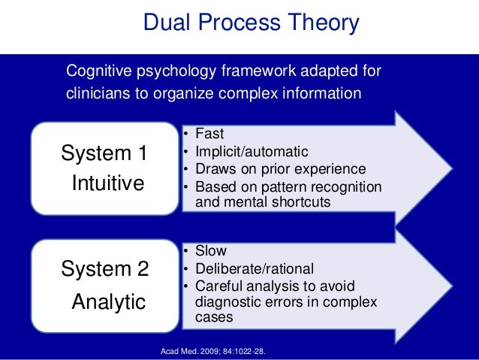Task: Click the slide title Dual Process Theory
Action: pyautogui.click(x=251, y=23)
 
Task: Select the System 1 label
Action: pyautogui.click(x=104, y=154)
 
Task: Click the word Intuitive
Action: pyautogui.click(x=107, y=183)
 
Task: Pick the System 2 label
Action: pyautogui.click(x=104, y=270)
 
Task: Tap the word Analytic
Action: pyautogui.click(x=108, y=301)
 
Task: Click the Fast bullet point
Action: pyautogui.click(x=210, y=135)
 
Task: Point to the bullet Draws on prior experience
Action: pyautogui.click(x=280, y=169)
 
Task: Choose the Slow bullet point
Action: pyautogui.click(x=210, y=251)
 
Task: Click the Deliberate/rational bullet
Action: pyautogui.click(x=254, y=268)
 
